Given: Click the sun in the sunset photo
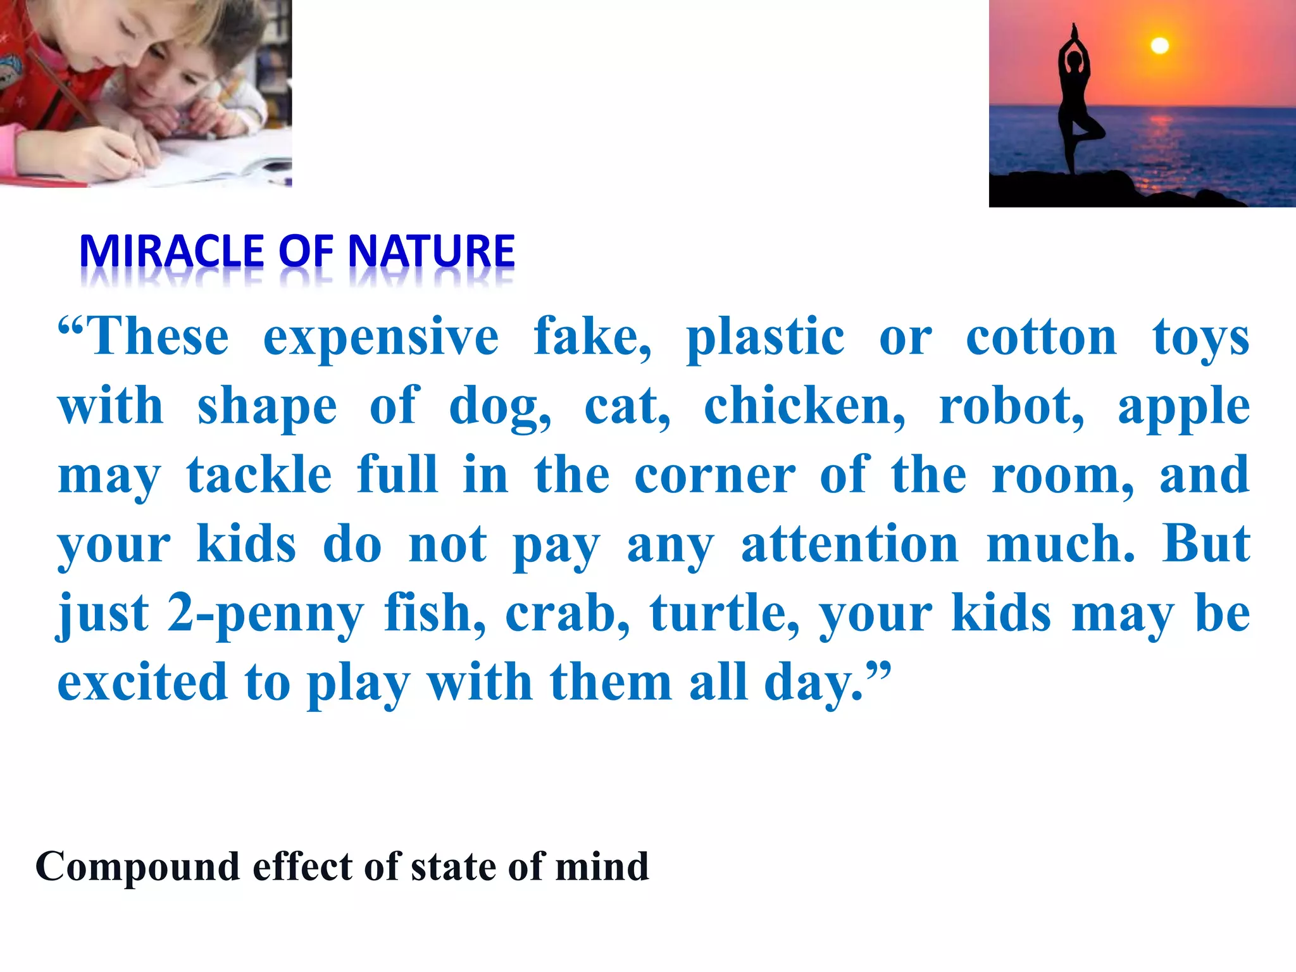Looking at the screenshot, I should click(1159, 46).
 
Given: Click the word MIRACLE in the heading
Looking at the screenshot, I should click(171, 251).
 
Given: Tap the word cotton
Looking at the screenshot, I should click(1041, 337).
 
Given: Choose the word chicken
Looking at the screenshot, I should click(804, 406).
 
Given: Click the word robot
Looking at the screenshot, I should click(1011, 406).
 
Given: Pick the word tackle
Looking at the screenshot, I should click(259, 475).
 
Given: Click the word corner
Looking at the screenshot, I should click(714, 476).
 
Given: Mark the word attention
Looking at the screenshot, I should click(850, 544).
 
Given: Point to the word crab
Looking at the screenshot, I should click(567, 613).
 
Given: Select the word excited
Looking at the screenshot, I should click(142, 682).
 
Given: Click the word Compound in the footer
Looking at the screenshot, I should click(138, 868).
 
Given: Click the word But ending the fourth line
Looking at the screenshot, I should click(1206, 544).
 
